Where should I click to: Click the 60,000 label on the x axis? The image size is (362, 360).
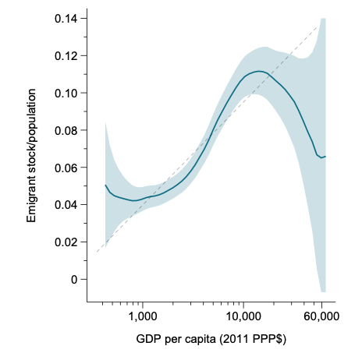point(320,316)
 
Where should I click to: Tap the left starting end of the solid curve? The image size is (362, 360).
point(105,185)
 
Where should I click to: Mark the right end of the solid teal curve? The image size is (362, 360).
point(325,156)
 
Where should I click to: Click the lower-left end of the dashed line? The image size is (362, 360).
point(96,252)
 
